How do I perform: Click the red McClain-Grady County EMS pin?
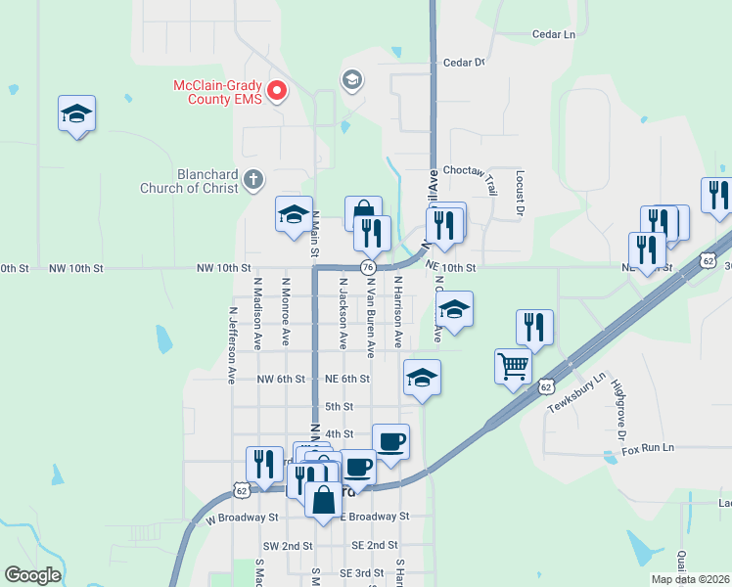pyautogui.click(x=277, y=91)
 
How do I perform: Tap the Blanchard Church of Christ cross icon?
pyautogui.click(x=253, y=179)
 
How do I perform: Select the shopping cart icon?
pyautogui.click(x=513, y=366)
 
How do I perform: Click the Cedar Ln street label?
pyautogui.click(x=553, y=34)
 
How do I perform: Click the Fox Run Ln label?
pyautogui.click(x=648, y=447)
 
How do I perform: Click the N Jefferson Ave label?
pyautogui.click(x=233, y=344)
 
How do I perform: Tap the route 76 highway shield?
pyautogui.click(x=368, y=267)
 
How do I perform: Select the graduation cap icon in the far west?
pyautogui.click(x=76, y=114)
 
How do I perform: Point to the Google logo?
pyautogui.click(x=32, y=574)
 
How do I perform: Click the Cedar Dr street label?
pyautogui.click(x=465, y=63)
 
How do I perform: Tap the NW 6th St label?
pyautogui.click(x=281, y=379)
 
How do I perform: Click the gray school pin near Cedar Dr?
pyautogui.click(x=351, y=79)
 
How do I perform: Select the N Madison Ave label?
pyautogui.click(x=257, y=313)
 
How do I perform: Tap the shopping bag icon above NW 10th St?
pyautogui.click(x=363, y=211)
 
